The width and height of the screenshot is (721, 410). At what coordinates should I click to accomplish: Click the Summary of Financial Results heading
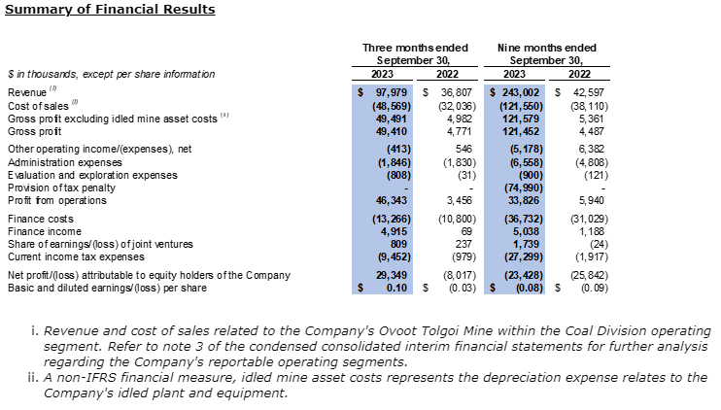point(110,10)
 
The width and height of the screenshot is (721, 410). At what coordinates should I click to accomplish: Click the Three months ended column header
point(415,48)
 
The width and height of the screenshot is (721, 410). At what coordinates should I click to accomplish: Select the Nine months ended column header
point(546,48)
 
